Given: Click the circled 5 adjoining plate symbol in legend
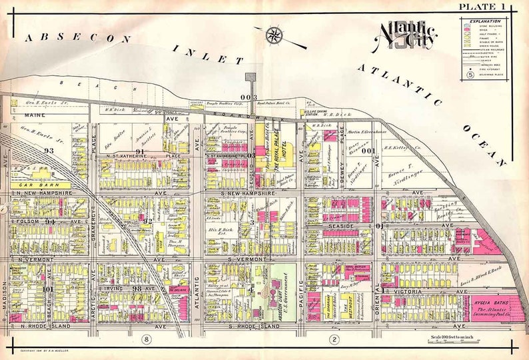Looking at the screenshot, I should (x=469, y=75).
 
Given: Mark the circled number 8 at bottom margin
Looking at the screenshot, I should (x=146, y=340).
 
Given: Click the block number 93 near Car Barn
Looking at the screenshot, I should (x=48, y=151).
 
